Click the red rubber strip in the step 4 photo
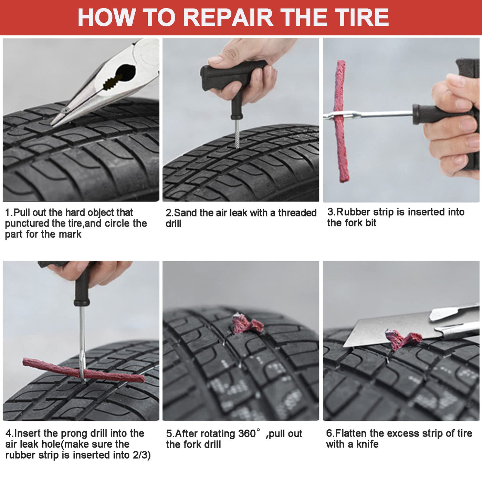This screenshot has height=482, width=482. (x=83, y=371)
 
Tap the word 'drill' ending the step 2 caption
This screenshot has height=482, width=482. (x=173, y=224)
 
